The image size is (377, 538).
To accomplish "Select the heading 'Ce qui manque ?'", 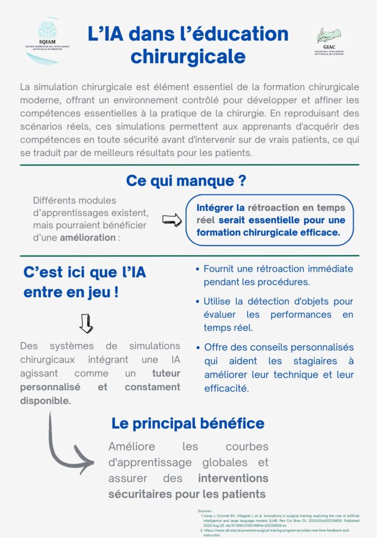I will tap(186, 180).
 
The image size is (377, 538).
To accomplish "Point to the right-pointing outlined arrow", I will tap(172, 219).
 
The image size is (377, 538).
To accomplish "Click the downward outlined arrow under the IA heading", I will tap(86, 324).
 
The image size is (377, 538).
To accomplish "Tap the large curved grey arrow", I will tap(68, 447).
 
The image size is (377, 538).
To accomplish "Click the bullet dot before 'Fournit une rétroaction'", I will tap(197, 269).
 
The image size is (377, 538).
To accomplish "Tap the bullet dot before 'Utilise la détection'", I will tap(197, 302).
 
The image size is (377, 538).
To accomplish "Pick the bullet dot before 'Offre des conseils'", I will tap(197, 348).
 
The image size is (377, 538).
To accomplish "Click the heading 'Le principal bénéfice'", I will tap(188, 423).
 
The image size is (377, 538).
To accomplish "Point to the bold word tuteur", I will tap(166, 374).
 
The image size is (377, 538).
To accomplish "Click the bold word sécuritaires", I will tap(138, 494).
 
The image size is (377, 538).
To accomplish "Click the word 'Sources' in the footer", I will tap(205, 511).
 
